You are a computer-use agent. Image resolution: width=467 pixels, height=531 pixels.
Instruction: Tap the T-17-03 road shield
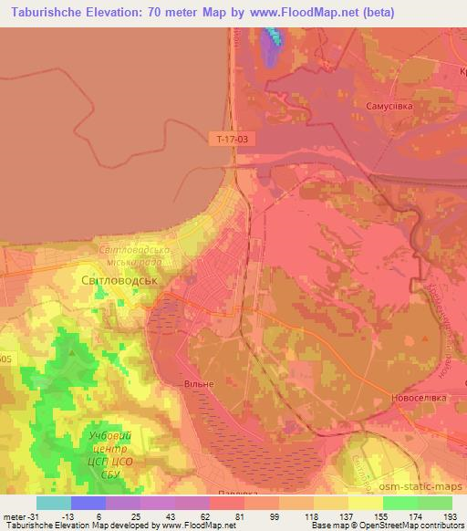232,140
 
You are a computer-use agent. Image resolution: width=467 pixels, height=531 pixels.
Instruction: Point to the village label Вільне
198,384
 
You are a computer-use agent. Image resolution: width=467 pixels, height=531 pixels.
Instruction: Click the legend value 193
449,515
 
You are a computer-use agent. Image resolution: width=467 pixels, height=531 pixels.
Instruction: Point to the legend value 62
206,515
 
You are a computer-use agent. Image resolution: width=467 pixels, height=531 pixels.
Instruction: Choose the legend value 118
311,515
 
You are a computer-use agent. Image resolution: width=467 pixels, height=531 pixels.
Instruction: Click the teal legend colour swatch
53,503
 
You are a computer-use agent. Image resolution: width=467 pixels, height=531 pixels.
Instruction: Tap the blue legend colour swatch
88,503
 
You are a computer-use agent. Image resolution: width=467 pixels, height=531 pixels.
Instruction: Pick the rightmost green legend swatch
435,503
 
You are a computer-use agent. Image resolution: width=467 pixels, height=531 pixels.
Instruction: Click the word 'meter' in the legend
15,515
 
